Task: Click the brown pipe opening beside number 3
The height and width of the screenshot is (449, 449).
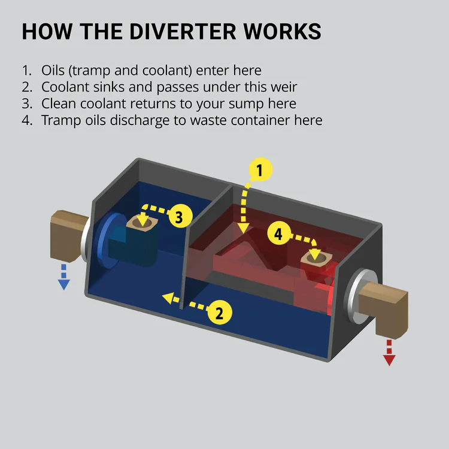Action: click(x=142, y=222)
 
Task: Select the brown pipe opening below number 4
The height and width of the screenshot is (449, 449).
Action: click(x=316, y=257)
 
